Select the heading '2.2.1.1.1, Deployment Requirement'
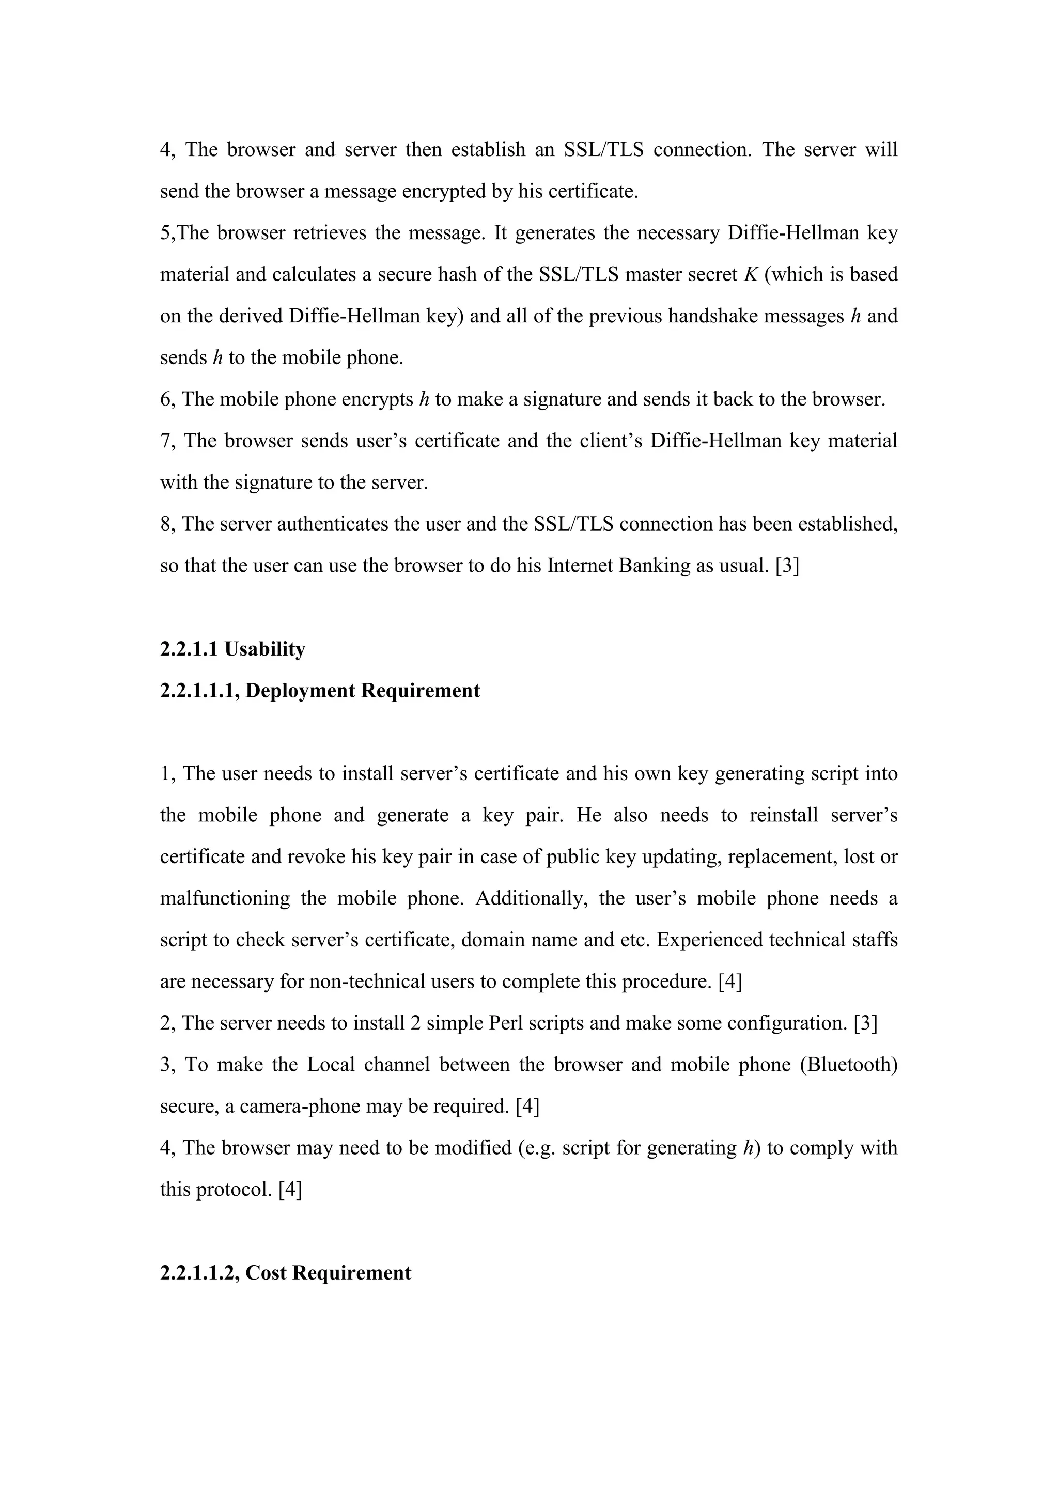tap(320, 691)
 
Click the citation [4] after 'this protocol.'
tap(290, 1190)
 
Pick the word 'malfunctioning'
tap(225, 898)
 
